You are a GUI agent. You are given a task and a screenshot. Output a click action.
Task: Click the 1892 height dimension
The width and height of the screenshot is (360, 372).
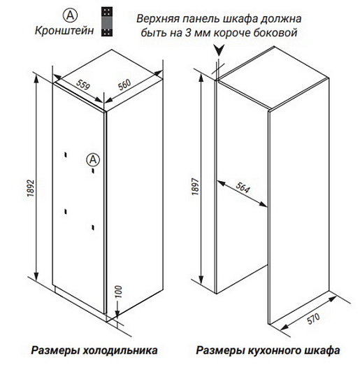pos(31,189)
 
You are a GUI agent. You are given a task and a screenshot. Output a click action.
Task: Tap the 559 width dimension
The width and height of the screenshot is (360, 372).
pos(82,84)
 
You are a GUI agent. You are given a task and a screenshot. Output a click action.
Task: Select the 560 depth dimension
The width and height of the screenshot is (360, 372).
pos(124,85)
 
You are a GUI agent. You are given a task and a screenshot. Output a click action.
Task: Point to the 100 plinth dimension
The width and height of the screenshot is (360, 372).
pos(119,292)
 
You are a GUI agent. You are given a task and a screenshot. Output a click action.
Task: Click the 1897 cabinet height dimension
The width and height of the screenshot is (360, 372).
pos(196,187)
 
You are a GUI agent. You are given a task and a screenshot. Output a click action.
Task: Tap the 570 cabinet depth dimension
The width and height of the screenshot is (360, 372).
pos(314,319)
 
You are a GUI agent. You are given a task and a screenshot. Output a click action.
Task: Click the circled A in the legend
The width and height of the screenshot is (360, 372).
pos(70,15)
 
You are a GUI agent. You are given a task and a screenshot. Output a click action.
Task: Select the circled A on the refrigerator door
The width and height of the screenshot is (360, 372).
pos(93,159)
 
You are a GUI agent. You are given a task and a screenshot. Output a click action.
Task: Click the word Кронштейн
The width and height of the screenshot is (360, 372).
pos(64,31)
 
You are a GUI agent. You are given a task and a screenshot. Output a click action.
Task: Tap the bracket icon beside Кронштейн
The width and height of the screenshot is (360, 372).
pos(107,22)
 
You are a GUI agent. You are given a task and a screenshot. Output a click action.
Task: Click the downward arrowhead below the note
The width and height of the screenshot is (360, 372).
pos(219,50)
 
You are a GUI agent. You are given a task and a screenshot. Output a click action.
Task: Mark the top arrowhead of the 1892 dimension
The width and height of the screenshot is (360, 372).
pos(36,78)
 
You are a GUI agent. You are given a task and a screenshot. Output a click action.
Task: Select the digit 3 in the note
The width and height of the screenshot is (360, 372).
pos(188,32)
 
